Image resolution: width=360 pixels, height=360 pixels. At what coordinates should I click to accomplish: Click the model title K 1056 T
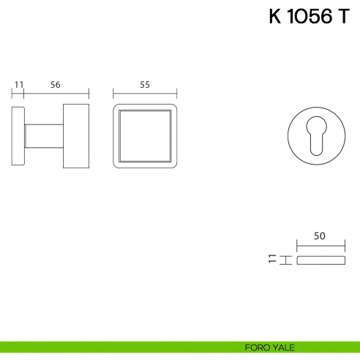pyautogui.click(x=310, y=16)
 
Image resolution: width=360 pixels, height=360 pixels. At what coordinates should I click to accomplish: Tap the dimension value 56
pyautogui.click(x=56, y=85)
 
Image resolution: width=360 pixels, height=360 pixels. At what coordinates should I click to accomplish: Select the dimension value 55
pyautogui.click(x=145, y=85)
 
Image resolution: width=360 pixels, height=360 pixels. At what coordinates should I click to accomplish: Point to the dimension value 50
pyautogui.click(x=320, y=236)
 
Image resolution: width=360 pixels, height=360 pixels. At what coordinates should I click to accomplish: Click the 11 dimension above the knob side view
pyautogui.click(x=19, y=85)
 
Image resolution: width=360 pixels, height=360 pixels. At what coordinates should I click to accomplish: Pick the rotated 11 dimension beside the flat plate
pyautogui.click(x=272, y=258)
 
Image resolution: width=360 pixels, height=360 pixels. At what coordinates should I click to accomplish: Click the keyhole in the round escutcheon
pyautogui.click(x=316, y=135)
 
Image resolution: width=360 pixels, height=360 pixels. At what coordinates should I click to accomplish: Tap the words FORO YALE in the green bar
pyautogui.click(x=269, y=348)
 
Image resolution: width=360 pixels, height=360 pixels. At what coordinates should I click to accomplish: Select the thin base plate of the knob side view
pyautogui.click(x=18, y=136)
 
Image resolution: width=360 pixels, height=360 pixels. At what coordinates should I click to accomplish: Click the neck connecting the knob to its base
pyautogui.click(x=44, y=136)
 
